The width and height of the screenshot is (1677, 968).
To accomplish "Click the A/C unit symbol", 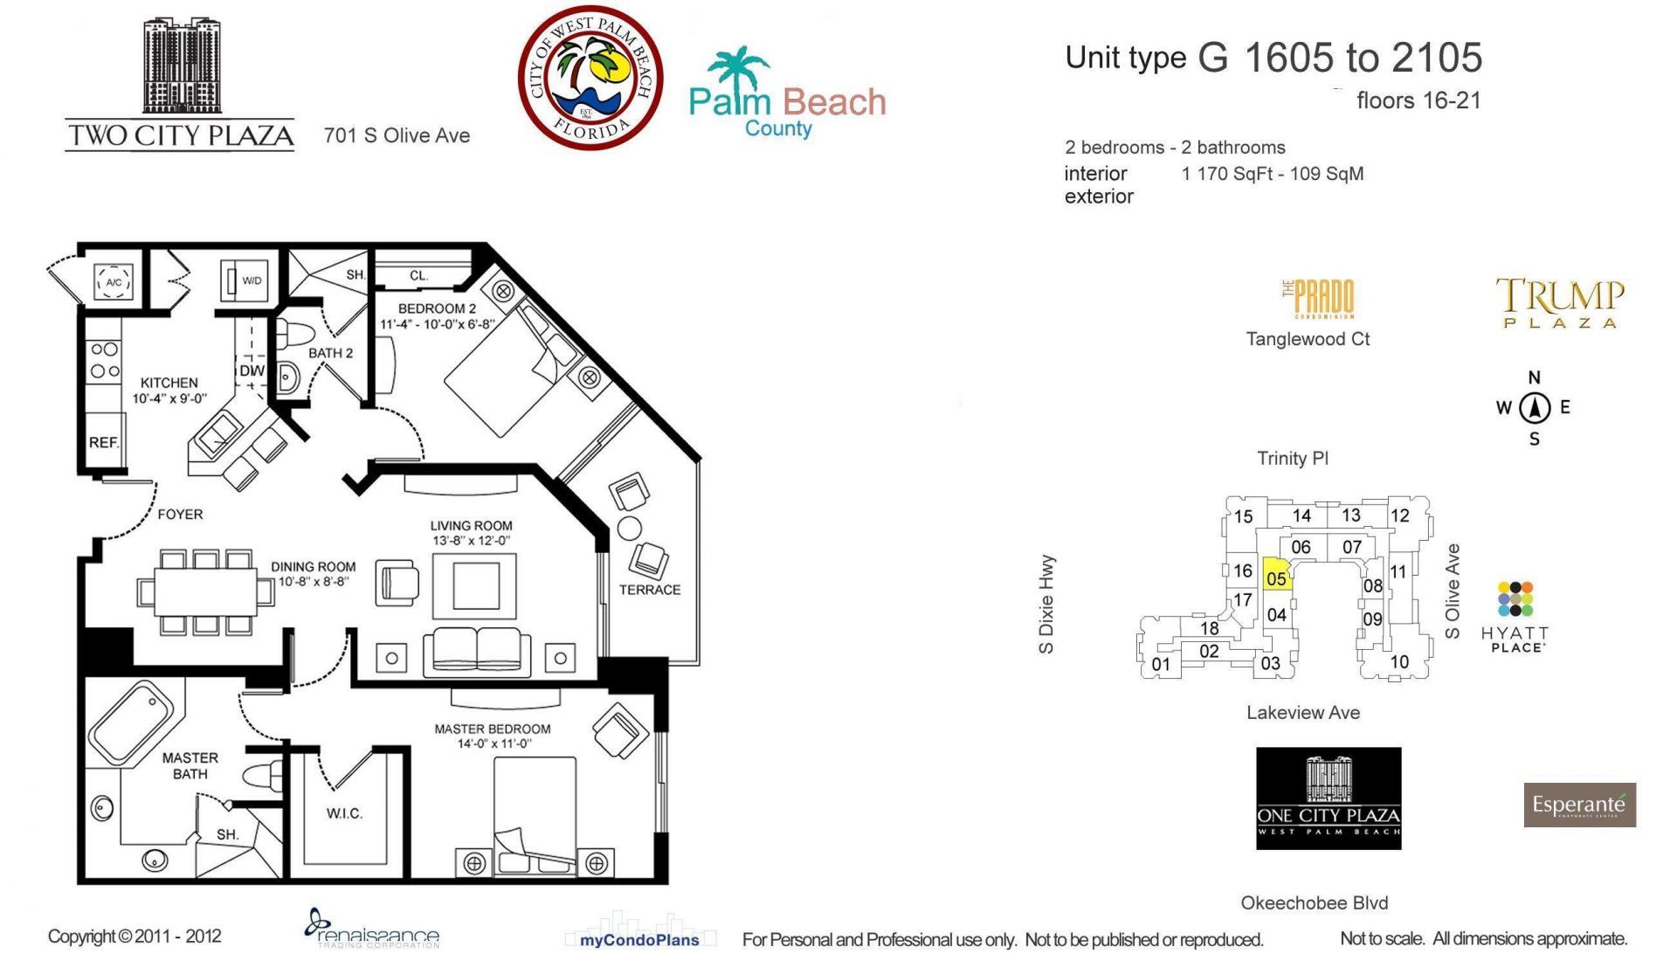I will pyautogui.click(x=114, y=282).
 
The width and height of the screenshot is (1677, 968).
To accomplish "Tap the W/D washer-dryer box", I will pyautogui.click(x=245, y=280).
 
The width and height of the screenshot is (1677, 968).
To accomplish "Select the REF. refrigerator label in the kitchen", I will pyautogui.click(x=103, y=442).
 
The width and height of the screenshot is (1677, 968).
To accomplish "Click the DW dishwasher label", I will pyautogui.click(x=252, y=370).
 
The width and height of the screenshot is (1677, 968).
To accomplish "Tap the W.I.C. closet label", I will pyautogui.click(x=344, y=813).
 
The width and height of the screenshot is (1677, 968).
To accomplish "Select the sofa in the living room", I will pyautogui.click(x=477, y=652).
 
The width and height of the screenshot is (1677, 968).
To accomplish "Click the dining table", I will pyautogui.click(x=206, y=591).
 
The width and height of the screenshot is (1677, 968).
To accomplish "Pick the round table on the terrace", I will pyautogui.click(x=629, y=528).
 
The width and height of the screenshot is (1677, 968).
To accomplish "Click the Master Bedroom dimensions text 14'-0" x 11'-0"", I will pyautogui.click(x=493, y=743).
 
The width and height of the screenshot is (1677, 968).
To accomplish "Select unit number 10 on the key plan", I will pyautogui.click(x=1399, y=662).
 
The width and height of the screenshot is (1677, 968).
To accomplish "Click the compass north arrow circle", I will pyautogui.click(x=1535, y=407).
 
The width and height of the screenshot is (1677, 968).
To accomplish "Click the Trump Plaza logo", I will pyautogui.click(x=1560, y=302).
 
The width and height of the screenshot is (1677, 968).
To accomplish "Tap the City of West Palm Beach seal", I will pyautogui.click(x=590, y=78).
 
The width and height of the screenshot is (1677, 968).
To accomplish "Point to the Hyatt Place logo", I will pyautogui.click(x=1515, y=617).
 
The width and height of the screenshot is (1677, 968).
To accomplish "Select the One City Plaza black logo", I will pyautogui.click(x=1328, y=798).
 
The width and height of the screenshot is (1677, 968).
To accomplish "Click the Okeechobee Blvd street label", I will pyautogui.click(x=1314, y=902).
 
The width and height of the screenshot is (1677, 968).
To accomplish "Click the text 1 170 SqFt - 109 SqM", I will pyautogui.click(x=1273, y=174).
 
